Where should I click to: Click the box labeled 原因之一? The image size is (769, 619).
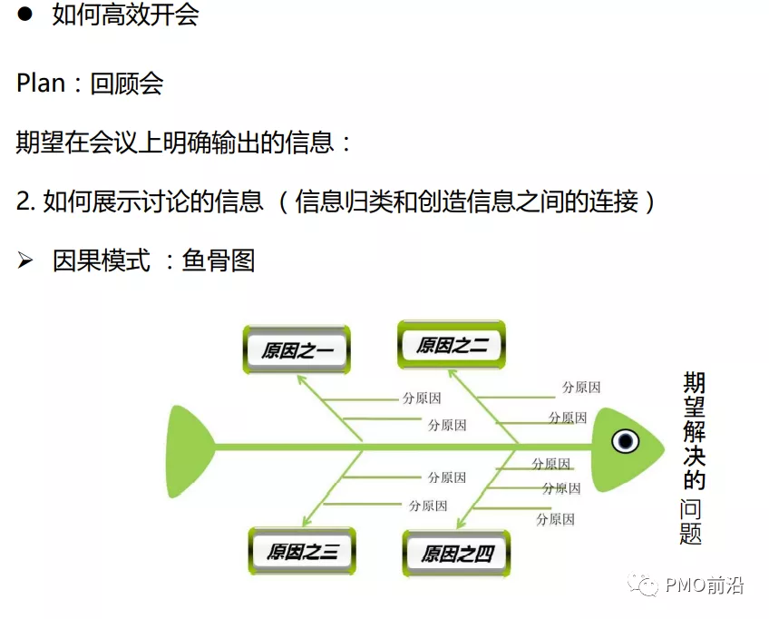(297, 350)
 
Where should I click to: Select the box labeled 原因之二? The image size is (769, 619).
(452, 345)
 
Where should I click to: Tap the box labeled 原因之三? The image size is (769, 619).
(302, 551)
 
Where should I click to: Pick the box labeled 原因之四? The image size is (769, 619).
(456, 554)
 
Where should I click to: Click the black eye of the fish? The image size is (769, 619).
(626, 441)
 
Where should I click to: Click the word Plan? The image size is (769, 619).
(41, 84)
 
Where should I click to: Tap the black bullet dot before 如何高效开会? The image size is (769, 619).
(24, 15)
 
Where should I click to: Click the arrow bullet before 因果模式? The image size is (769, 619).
(25, 260)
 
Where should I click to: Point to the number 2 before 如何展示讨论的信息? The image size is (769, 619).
(24, 201)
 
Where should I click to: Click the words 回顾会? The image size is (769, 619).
(139, 84)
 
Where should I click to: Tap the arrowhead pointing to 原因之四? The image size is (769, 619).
(461, 524)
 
